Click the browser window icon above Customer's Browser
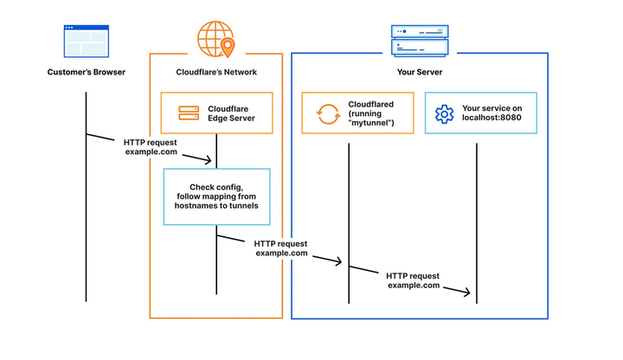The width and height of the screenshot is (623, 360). pos(86,41)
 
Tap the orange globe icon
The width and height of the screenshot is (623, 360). pos(214,38)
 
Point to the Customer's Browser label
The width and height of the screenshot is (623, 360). pos(86,72)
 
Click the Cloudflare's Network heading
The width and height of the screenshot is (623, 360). pos(215,72)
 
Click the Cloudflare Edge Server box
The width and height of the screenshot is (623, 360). pos(216,113)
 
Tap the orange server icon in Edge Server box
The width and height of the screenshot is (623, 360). pos(189,113)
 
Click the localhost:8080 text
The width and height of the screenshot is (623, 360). pos(491,119)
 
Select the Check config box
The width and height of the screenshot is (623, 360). pos(216,196)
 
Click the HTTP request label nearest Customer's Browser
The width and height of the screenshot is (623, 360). pos(151,146)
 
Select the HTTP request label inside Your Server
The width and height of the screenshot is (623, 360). pos(413,280)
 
